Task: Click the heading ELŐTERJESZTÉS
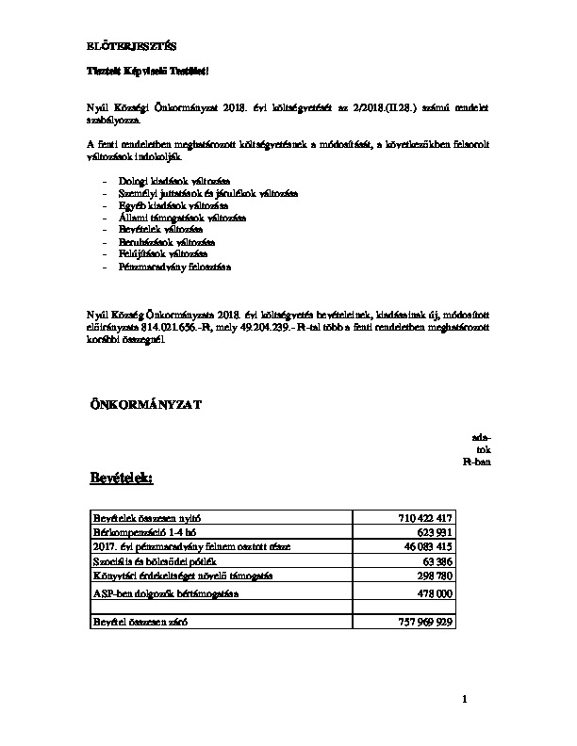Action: [x=124, y=45]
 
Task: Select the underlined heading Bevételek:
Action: [x=121, y=478]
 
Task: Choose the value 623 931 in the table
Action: [x=435, y=532]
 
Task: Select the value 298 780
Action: [x=435, y=575]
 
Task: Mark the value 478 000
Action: [x=435, y=593]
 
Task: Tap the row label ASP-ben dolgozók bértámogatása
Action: [x=165, y=593]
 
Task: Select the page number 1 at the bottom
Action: [x=465, y=699]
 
